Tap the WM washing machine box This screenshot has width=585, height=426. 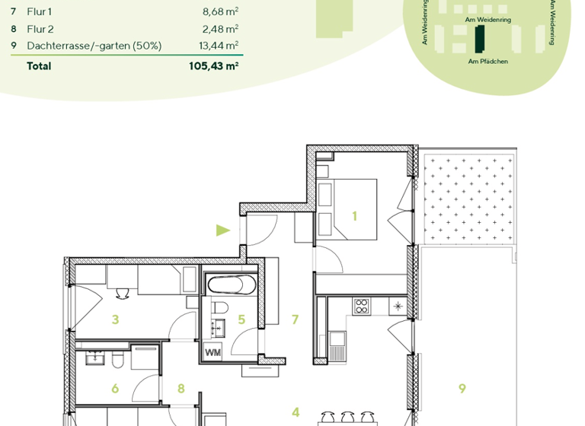click(212, 353)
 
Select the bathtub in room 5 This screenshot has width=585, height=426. click(232, 286)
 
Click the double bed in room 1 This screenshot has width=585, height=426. click(347, 208)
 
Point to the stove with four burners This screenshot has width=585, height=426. click(361, 307)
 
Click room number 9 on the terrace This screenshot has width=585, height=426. click(462, 388)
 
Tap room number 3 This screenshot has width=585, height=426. click(115, 319)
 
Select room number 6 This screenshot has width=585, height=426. click(115, 389)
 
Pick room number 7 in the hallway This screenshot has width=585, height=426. click(295, 319)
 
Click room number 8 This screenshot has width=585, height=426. click(181, 389)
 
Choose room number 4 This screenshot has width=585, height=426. click(296, 412)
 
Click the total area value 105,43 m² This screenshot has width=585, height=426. click(213, 66)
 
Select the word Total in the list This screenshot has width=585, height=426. click(39, 66)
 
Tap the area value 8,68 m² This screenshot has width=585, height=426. click(220, 12)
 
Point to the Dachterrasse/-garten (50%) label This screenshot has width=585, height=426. click(94, 46)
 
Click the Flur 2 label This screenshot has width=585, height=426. click(40, 29)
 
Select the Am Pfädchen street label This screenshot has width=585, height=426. click(487, 62)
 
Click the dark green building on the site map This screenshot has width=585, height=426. click(479, 38)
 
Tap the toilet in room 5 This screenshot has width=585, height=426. click(220, 307)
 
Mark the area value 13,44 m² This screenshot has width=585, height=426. click(219, 46)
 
